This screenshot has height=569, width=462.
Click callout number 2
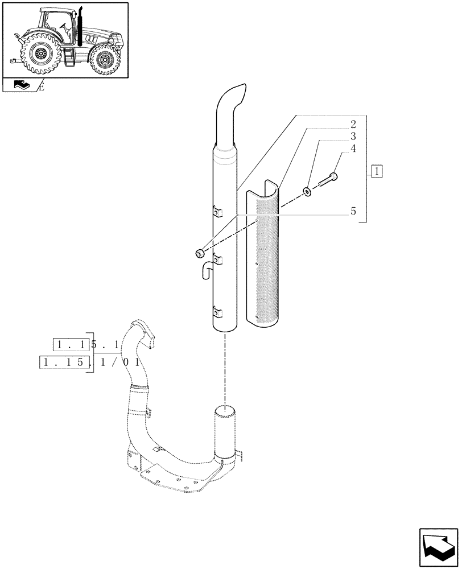tap(353, 124)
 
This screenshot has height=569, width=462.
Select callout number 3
tap(353, 137)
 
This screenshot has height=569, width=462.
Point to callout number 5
tap(353, 211)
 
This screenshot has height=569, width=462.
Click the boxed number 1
tap(378, 170)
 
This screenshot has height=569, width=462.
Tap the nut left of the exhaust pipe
tap(200, 253)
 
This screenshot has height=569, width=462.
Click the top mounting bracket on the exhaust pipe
tap(217, 212)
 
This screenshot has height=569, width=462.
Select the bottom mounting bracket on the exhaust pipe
tap(217, 311)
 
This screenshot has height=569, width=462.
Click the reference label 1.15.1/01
tap(90, 362)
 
